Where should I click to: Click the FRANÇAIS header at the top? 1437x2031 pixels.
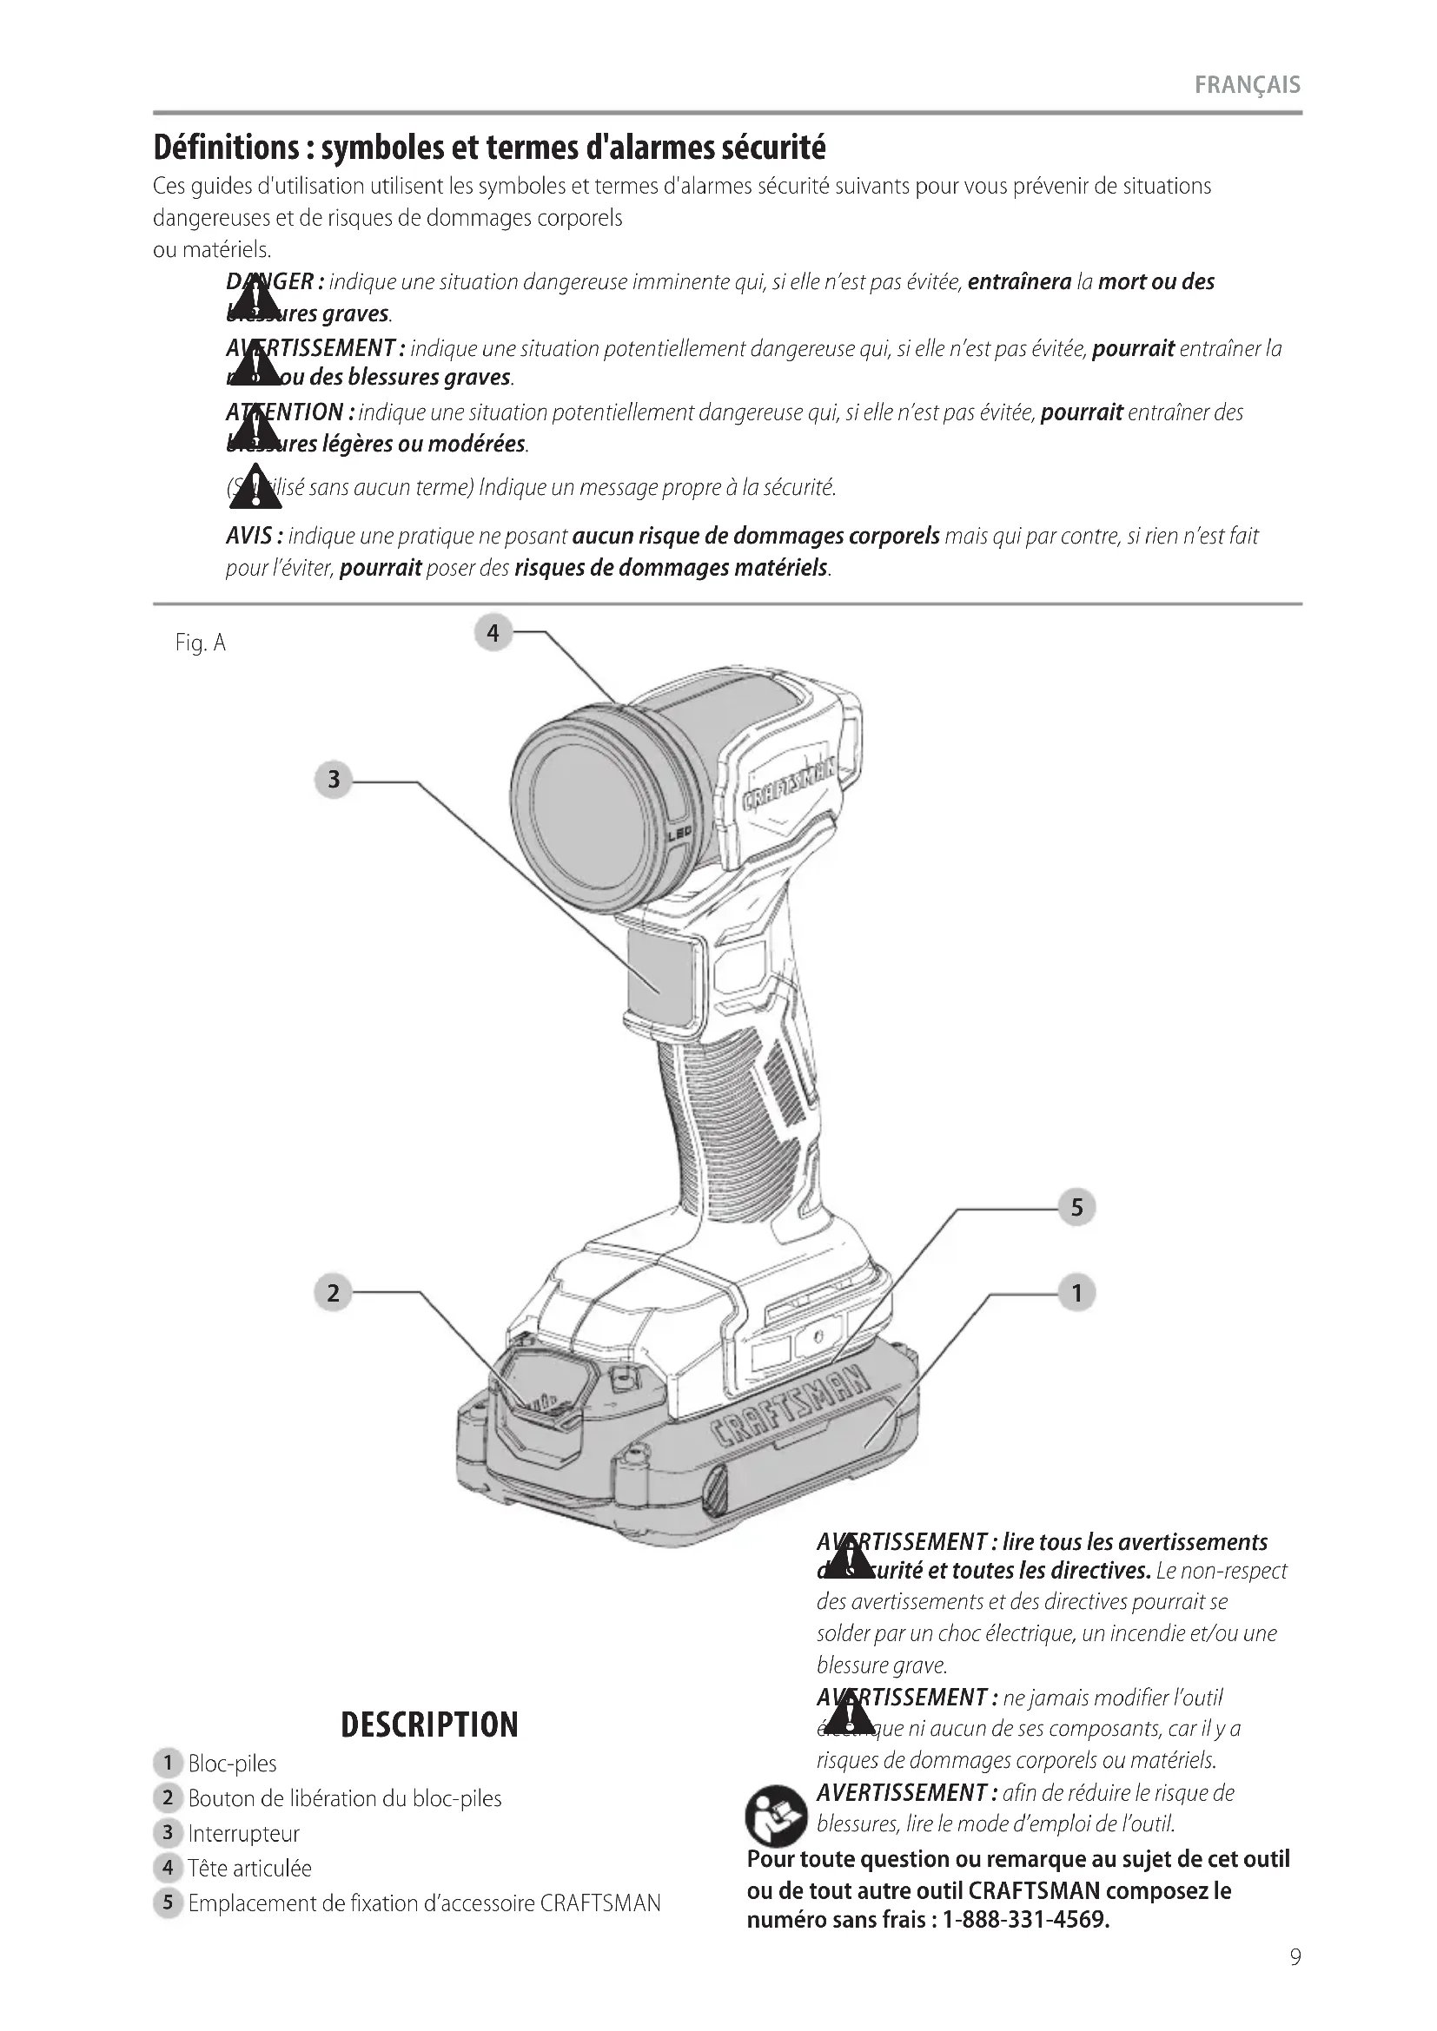[x=1247, y=86]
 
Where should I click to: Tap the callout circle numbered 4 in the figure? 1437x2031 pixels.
[x=493, y=633]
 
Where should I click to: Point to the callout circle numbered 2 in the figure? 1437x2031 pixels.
[x=333, y=1294]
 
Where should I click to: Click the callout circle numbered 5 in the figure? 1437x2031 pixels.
[x=1076, y=1209]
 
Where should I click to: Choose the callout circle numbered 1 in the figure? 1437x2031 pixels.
[x=1076, y=1294]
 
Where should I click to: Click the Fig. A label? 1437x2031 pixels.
[x=201, y=643]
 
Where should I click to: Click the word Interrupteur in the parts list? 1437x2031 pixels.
[x=243, y=1834]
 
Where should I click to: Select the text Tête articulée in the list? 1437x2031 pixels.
[x=249, y=1869]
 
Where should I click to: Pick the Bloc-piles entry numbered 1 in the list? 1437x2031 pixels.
[x=232, y=1764]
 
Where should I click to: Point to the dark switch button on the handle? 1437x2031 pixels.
[x=659, y=972]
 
